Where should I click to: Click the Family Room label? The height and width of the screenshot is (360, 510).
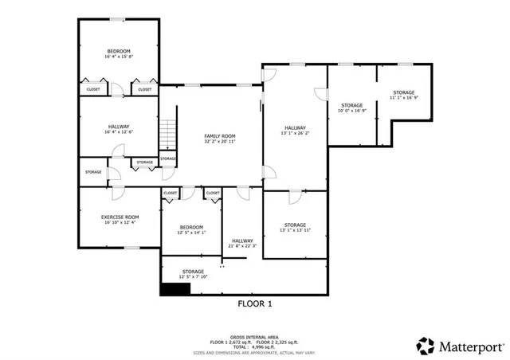[x=217, y=136]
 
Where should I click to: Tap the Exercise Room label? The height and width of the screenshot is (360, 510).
[x=120, y=217]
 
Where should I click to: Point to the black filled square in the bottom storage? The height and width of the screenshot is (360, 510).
[x=175, y=290]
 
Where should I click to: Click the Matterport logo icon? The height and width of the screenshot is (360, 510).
[x=426, y=345]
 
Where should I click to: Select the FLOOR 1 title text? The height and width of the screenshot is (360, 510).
[x=255, y=303]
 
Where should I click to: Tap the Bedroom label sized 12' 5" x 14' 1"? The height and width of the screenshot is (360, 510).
[x=190, y=226]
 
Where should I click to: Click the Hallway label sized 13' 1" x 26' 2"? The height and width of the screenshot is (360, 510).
[x=295, y=128]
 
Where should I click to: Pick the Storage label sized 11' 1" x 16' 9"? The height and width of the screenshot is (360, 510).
[x=403, y=92]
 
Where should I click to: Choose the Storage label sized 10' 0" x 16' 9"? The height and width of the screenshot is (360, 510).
[x=352, y=105]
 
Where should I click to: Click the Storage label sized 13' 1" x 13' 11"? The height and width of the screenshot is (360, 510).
[x=295, y=225]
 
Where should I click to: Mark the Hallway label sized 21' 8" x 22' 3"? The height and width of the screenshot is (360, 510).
[x=242, y=241]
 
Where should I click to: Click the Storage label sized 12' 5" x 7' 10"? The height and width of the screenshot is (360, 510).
[x=192, y=272]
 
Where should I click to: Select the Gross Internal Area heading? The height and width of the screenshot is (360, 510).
[x=254, y=337]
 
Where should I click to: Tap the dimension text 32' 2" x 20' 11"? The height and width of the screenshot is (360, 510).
[x=217, y=142]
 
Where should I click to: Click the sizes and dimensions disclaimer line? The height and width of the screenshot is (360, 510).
[x=254, y=351]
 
